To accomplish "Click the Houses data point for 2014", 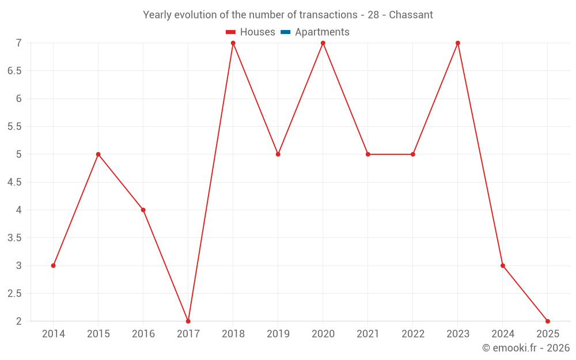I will point(53,266).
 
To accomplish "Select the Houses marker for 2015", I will point(98,154).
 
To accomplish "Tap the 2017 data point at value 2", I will point(188,321).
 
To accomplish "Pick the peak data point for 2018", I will point(233,43).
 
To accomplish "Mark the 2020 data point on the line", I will point(323,43).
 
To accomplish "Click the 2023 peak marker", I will point(458,43).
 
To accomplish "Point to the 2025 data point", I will point(548,321).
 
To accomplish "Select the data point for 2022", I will point(413,154).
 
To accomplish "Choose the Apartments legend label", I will point(322,32).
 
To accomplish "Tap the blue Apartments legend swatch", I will point(286,32).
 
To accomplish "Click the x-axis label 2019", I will point(278,334).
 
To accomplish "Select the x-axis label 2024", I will point(503,334).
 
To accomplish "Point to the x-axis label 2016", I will point(143,334).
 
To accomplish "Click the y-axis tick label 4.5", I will point(14,183).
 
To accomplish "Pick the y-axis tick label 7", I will point(18,43).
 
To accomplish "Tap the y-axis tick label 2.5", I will point(14,294).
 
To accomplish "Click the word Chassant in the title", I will point(411,15).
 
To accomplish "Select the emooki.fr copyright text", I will point(526,348).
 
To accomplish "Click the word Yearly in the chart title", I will point(157,15).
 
